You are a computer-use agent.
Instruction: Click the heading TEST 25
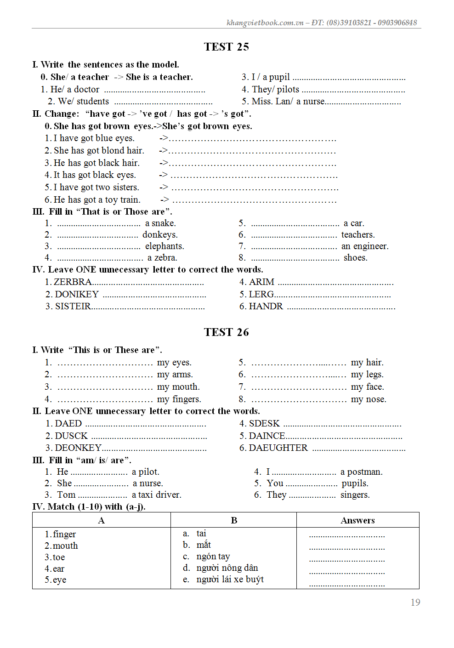click(226, 47)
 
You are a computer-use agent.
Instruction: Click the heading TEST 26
click(226, 332)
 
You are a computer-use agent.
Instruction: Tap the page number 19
click(415, 603)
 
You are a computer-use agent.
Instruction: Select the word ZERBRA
click(73, 282)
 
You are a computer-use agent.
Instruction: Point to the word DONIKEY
click(77, 294)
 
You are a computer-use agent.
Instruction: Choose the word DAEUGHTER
click(278, 448)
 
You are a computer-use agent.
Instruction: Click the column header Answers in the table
click(358, 520)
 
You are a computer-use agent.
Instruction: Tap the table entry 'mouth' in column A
click(65, 546)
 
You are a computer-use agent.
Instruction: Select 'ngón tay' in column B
click(213, 557)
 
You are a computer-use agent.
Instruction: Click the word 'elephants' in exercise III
click(165, 246)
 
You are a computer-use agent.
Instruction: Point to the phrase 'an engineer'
click(365, 246)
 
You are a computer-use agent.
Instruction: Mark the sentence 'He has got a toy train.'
click(96, 200)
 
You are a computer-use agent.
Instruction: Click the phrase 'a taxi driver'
click(156, 495)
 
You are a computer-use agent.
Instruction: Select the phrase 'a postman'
click(361, 472)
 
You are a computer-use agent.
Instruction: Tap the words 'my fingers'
click(179, 399)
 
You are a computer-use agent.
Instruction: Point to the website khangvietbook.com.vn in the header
click(265, 23)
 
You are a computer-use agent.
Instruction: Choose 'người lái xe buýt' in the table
click(230, 580)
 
